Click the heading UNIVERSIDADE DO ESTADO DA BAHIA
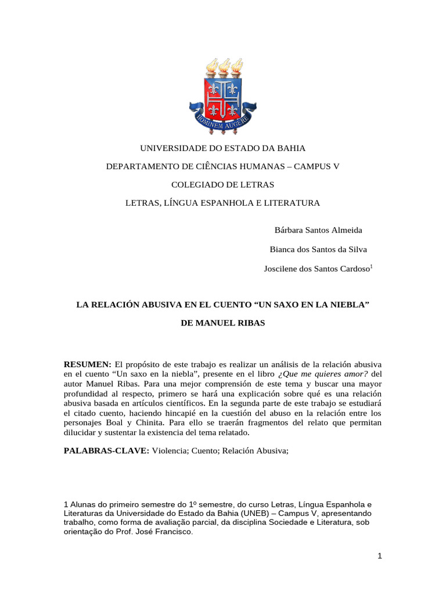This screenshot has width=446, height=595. point(223,148)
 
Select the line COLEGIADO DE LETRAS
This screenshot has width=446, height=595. point(223,185)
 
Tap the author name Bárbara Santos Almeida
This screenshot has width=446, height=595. point(318,230)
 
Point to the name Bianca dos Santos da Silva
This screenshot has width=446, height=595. point(318,249)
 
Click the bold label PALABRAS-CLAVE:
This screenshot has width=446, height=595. point(106,451)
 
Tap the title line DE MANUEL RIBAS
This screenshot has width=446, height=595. point(223,322)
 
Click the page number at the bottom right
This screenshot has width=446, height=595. point(379,556)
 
